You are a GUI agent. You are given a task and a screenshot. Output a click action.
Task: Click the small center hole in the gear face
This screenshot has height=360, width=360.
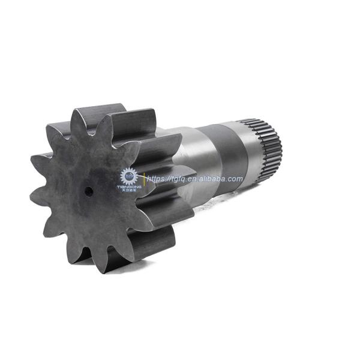point(88,191)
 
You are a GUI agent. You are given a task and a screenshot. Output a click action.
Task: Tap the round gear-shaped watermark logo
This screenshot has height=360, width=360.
point(129,176)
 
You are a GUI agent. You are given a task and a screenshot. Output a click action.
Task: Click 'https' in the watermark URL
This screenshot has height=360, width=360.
point(158,179)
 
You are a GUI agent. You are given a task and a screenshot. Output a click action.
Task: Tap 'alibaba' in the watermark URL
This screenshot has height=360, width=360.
point(214,179)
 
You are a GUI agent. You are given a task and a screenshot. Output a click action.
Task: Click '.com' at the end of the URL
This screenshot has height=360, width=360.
point(235,179)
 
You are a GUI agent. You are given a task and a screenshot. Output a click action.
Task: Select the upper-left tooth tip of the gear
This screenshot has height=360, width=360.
point(48,127)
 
